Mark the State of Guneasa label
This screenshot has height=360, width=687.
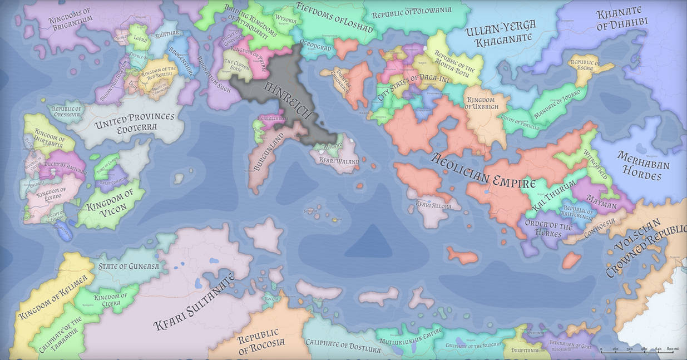[128, 267]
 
